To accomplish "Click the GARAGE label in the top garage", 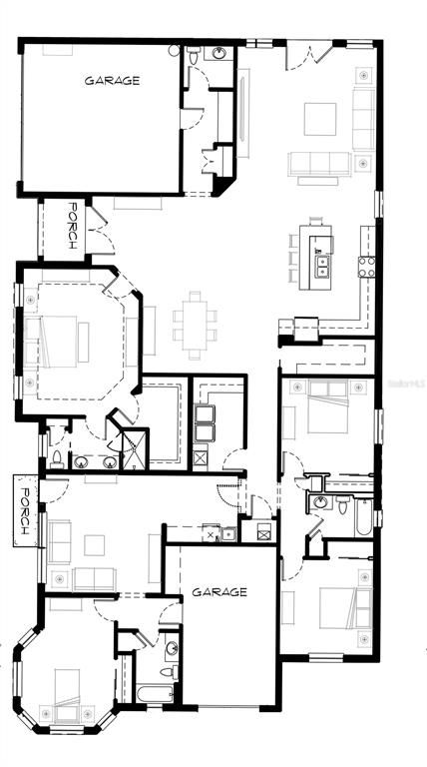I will pos(111,80).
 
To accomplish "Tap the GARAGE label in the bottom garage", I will pos(219,592).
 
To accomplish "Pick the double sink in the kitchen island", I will pos(323,266).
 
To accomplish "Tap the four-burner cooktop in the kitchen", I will pos(367,266).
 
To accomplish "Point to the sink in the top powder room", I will pos(217,53).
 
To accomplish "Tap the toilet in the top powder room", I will pos(190,58).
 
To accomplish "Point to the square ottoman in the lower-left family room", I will pos(94,545).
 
